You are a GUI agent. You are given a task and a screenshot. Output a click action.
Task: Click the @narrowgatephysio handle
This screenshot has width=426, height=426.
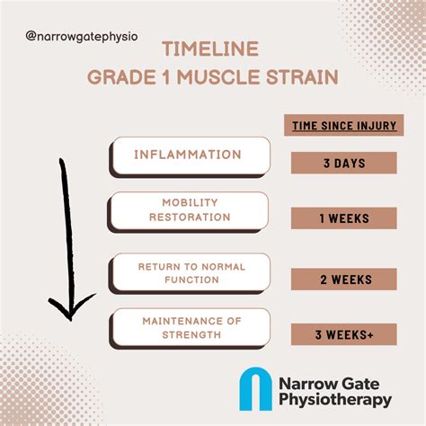click(82, 37)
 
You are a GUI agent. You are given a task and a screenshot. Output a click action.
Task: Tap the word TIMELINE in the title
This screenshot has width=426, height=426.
click(210, 49)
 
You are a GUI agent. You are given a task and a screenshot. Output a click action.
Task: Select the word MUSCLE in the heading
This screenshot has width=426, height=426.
click(218, 77)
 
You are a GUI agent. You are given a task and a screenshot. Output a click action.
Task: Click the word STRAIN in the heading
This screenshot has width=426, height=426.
click(302, 77)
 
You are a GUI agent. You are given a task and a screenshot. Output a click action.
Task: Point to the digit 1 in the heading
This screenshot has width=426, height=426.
click(166, 77)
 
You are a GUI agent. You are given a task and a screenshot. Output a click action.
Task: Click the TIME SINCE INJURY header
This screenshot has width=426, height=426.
click(344, 125)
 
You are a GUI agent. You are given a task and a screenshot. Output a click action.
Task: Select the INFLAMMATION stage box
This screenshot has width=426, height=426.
click(190, 156)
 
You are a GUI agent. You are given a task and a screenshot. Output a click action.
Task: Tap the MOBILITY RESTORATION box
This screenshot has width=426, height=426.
click(188, 212)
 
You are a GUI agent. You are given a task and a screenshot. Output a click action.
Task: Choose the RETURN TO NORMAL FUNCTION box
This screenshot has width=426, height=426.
click(190, 273)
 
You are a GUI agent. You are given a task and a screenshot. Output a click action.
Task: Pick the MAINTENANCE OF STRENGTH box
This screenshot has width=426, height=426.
click(190, 328)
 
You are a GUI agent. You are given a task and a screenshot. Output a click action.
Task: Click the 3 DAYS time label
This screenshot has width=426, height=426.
click(344, 163)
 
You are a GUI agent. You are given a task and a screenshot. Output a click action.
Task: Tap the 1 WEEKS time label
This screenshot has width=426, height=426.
click(344, 218)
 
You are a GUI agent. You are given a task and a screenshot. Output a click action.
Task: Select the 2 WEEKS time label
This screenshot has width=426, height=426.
click(344, 280)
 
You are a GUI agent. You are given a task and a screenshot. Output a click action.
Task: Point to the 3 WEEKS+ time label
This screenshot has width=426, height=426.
click(344, 334)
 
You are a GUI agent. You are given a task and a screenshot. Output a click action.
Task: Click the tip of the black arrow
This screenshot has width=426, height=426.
click(71, 321)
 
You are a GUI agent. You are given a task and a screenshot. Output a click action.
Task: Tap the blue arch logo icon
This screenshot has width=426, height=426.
click(255, 389)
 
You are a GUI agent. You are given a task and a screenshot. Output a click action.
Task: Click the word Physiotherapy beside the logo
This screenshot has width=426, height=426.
click(335, 400)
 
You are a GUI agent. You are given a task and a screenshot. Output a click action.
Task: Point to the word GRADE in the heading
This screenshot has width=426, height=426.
click(121, 77)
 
